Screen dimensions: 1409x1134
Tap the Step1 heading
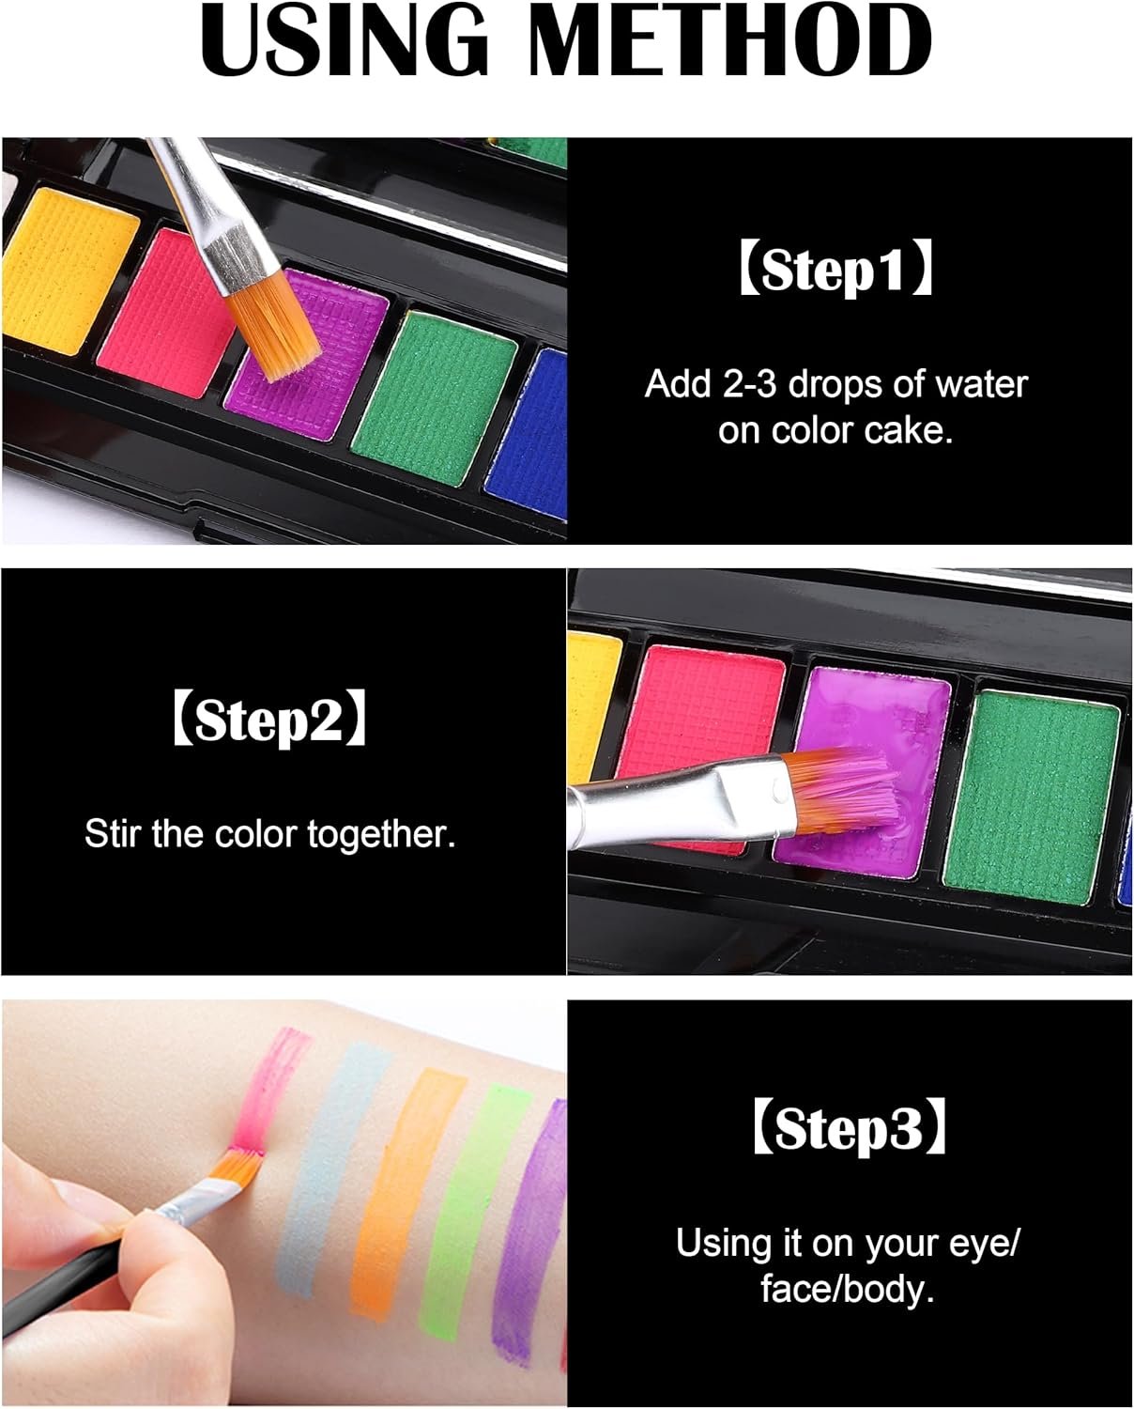[835, 271]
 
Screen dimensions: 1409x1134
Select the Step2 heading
[269, 720]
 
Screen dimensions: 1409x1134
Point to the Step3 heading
[849, 1127]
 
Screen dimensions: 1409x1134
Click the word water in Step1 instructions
[980, 385]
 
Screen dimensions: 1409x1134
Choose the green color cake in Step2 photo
[1033, 789]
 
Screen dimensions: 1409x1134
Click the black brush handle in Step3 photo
[56, 1282]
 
